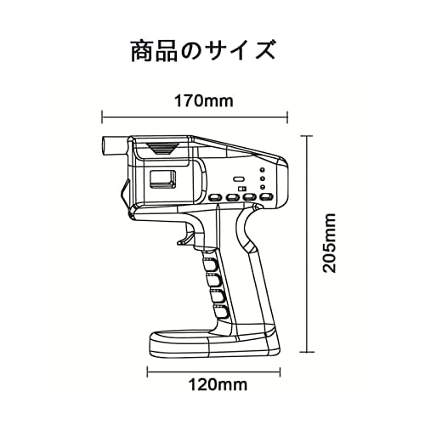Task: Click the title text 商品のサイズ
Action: point(203,51)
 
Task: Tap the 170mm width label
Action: point(204,100)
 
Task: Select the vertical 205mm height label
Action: point(330,243)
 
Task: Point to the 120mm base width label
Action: point(218,385)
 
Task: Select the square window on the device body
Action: point(162,179)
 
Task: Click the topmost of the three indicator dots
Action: point(263,170)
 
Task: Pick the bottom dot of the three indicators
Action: point(263,187)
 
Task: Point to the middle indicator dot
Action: point(263,178)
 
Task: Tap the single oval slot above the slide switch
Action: point(240,179)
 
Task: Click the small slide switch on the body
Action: point(242,189)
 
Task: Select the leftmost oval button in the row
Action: point(216,197)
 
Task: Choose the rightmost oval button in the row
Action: point(267,197)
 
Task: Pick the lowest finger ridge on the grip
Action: point(221,311)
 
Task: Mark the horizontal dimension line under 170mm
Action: point(195,116)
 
